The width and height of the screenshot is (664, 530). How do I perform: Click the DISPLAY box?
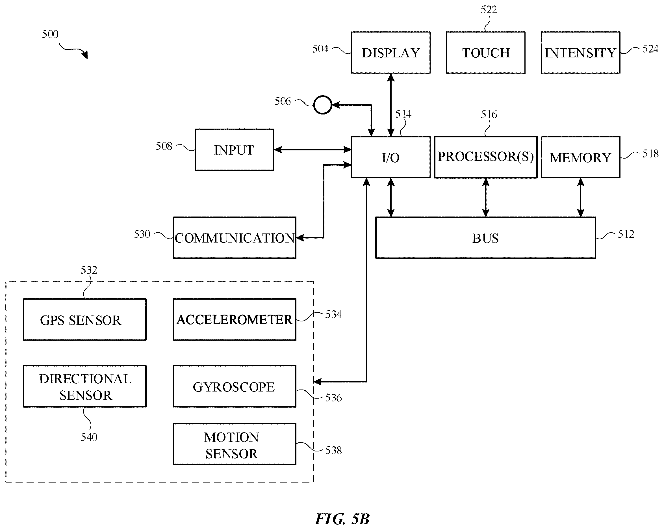pos(390,52)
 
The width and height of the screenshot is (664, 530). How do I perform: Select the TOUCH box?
pos(485,52)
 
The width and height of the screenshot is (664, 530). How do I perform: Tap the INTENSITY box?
pos(581,52)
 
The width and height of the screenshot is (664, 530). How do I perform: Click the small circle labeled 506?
pos(322,105)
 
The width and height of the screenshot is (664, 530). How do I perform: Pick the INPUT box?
pos(234,150)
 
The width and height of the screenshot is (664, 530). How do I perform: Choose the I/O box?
pos(390,157)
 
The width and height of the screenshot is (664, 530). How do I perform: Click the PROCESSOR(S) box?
pos(486,157)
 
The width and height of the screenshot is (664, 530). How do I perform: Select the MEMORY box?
pos(581,157)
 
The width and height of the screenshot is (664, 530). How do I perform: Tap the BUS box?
pos(486,237)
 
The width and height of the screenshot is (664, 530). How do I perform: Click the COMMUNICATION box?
pos(234,237)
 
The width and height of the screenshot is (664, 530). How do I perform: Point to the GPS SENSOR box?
pos(85,319)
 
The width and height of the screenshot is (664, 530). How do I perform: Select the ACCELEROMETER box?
pos(234,319)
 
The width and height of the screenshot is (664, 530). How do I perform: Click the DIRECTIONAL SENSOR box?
pos(85,386)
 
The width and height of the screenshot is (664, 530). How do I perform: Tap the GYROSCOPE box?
pos(234,386)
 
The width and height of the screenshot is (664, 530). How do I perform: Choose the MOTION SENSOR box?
pos(234,444)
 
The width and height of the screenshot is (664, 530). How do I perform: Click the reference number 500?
pos(50,34)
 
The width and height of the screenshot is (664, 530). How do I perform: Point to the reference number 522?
pos(489,10)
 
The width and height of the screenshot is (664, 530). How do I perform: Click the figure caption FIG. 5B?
pos(342,519)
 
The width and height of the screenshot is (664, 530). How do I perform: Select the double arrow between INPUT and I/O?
pos(313,150)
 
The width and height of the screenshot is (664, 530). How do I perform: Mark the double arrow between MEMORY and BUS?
pos(581,198)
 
